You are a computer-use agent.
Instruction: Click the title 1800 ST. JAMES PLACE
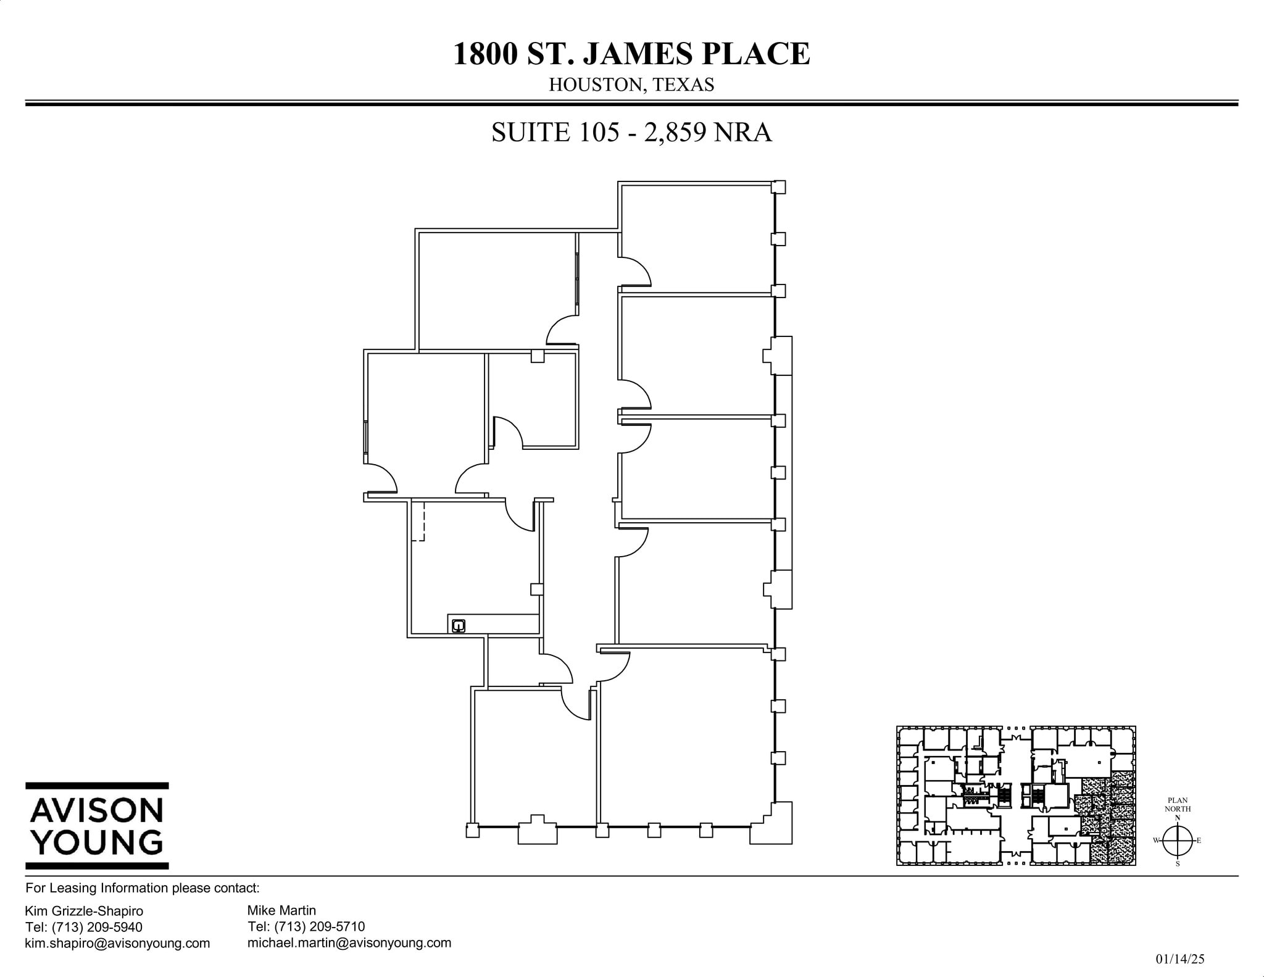click(631, 54)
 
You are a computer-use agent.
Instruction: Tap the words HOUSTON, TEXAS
click(631, 85)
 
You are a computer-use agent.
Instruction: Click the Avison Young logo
click(97, 826)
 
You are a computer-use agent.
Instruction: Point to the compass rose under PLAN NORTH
click(1177, 841)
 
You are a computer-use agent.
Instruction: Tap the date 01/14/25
click(1179, 959)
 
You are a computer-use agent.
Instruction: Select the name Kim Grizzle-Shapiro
click(84, 911)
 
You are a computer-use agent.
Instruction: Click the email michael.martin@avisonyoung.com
click(349, 942)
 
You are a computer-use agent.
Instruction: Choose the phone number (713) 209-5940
click(97, 927)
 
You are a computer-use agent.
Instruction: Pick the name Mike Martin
click(281, 910)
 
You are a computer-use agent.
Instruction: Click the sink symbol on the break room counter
click(458, 626)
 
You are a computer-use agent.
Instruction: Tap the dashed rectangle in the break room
click(418, 522)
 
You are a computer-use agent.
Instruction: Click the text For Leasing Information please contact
click(143, 888)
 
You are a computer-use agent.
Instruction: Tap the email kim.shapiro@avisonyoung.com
click(117, 943)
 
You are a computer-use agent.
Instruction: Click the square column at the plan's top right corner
click(779, 187)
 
